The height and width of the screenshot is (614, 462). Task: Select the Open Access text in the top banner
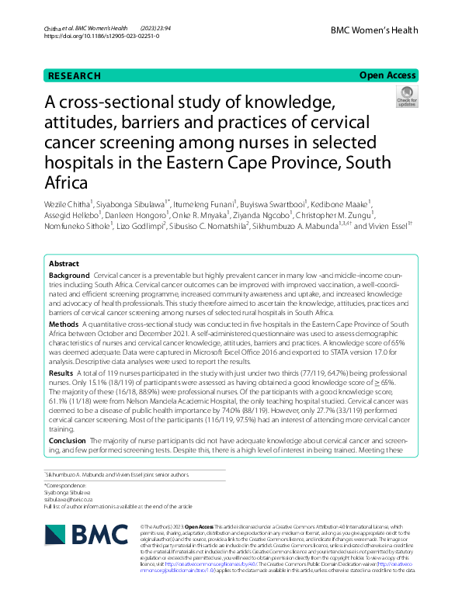[387, 76]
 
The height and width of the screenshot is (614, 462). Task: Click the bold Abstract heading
[64, 264]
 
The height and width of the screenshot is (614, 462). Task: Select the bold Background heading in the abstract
[68, 276]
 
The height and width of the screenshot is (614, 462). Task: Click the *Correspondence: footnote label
[65, 484]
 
